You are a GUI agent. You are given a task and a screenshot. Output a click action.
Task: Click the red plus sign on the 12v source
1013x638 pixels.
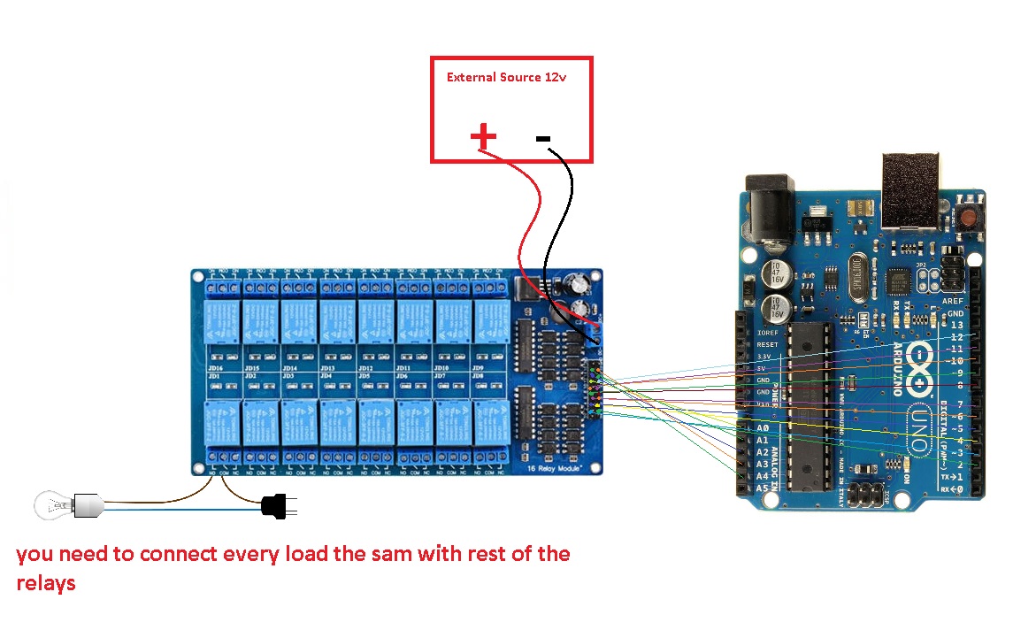pyautogui.click(x=483, y=135)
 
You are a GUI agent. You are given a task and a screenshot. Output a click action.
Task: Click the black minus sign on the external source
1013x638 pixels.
pyautogui.click(x=543, y=138)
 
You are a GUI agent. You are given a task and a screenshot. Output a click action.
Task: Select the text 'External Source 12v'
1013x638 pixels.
pyautogui.click(x=506, y=77)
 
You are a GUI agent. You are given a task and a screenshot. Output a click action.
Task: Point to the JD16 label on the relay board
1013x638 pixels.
pyautogui.click(x=213, y=368)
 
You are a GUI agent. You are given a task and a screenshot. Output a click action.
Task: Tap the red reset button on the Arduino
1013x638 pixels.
pyautogui.click(x=971, y=217)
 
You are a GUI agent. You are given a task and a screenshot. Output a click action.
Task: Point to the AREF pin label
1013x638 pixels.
pyautogui.click(x=954, y=301)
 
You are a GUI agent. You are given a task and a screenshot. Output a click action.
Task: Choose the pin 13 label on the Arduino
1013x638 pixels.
pyautogui.click(x=955, y=325)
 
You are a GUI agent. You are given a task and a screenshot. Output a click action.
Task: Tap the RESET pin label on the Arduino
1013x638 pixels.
pyautogui.click(x=767, y=344)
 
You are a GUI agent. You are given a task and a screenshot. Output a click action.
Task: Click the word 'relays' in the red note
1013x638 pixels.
pyautogui.click(x=46, y=584)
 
